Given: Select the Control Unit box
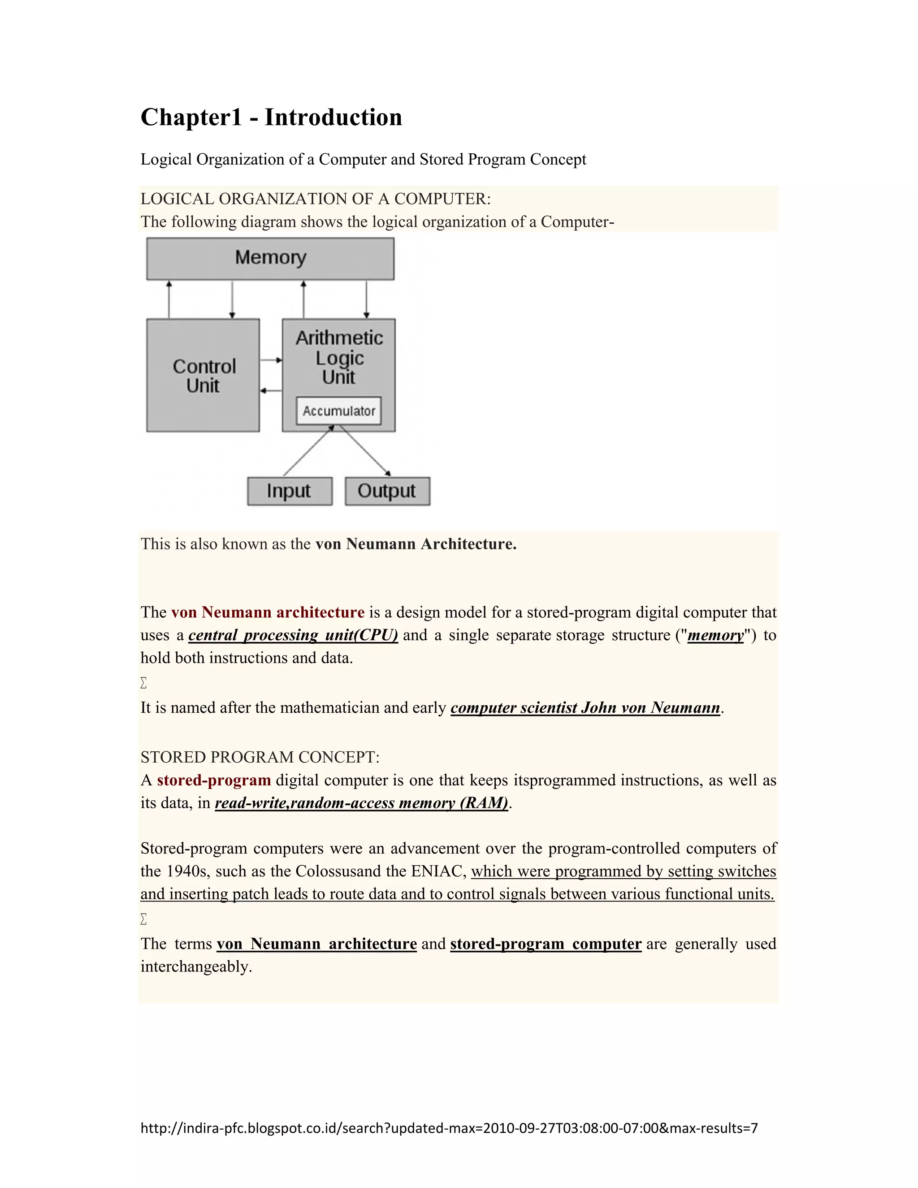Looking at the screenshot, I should tap(203, 375).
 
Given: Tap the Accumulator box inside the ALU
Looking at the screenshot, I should tap(339, 411).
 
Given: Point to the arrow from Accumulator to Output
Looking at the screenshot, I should tap(365, 451).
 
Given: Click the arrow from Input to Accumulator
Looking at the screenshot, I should tap(308, 451).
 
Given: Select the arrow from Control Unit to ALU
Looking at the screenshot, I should tap(271, 360).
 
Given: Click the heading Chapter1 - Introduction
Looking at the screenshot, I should tap(271, 117).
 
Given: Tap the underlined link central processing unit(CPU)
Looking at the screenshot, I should tap(293, 635).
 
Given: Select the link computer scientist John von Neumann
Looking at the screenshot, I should tap(585, 708).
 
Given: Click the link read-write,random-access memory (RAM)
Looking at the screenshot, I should tap(362, 803).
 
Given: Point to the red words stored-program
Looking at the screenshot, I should tap(214, 780).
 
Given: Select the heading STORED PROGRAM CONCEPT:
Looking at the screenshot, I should tap(260, 757).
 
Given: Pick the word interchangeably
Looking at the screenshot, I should tap(196, 966).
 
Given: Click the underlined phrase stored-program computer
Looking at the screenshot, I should tap(546, 944).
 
